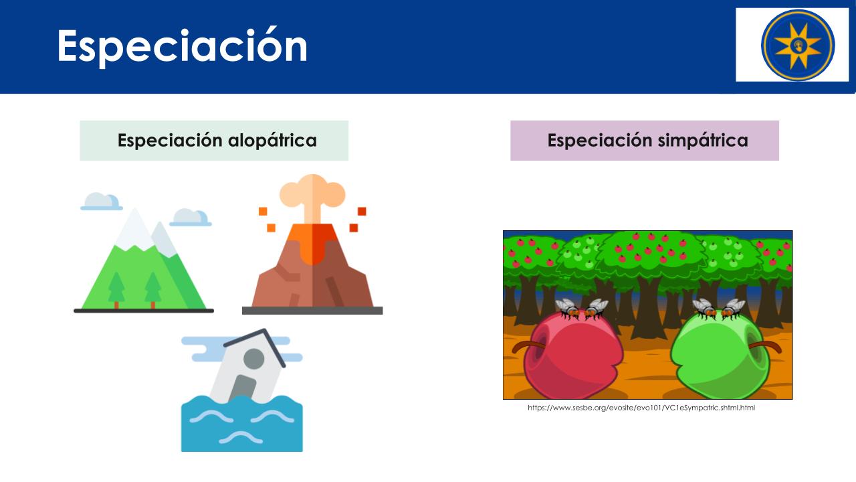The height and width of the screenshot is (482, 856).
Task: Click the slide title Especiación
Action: [x=183, y=47]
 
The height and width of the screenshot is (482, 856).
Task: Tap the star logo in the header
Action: [x=798, y=45]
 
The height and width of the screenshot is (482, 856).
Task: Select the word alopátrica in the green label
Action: [x=272, y=141]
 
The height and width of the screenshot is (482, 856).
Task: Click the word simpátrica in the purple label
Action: [x=703, y=141]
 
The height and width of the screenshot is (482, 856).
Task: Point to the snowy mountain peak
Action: [x=134, y=230]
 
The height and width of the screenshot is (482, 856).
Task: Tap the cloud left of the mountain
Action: [x=101, y=202]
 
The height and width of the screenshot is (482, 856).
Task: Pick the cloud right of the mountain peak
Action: [x=191, y=218]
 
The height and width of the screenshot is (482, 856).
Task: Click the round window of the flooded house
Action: [x=253, y=359]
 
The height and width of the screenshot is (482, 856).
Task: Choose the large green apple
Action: [x=720, y=354]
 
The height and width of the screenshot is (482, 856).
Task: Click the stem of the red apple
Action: [x=528, y=346]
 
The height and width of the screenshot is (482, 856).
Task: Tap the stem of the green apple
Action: [x=765, y=345]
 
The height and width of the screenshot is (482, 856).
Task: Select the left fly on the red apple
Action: [x=568, y=309]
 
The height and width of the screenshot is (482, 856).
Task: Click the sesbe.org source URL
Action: [x=641, y=408]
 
